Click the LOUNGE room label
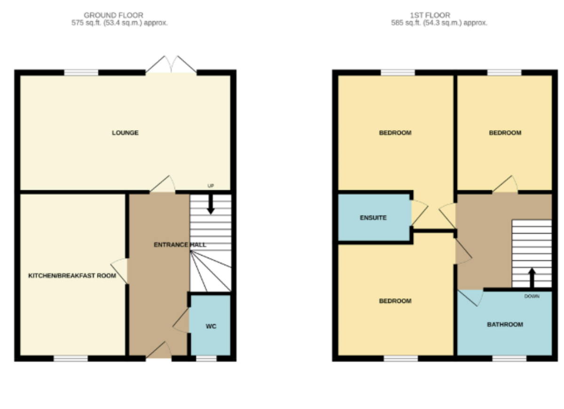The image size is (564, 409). click(x=125, y=133)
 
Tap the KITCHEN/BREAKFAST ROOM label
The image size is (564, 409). click(x=72, y=275)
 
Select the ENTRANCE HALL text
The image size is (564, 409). click(x=180, y=244)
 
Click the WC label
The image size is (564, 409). click(x=211, y=326)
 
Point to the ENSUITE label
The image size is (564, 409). click(x=373, y=218)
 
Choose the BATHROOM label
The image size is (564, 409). click(x=505, y=324)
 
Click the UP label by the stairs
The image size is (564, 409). click(x=211, y=186)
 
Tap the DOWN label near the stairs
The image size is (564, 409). click(x=532, y=296)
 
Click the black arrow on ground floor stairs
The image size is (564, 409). click(x=211, y=204)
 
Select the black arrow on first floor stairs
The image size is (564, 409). click(x=532, y=278)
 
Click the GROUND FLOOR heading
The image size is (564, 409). click(x=114, y=15)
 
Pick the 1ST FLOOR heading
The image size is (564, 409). click(x=430, y=15)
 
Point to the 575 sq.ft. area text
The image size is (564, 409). click(x=119, y=23)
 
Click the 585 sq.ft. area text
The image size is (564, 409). click(x=439, y=23)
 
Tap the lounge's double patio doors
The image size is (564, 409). click(x=171, y=64)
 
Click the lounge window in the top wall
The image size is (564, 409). click(x=81, y=72)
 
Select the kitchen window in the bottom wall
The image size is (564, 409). click(x=71, y=358)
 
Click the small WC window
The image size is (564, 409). click(x=206, y=358)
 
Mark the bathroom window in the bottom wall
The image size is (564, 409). click(x=509, y=358)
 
